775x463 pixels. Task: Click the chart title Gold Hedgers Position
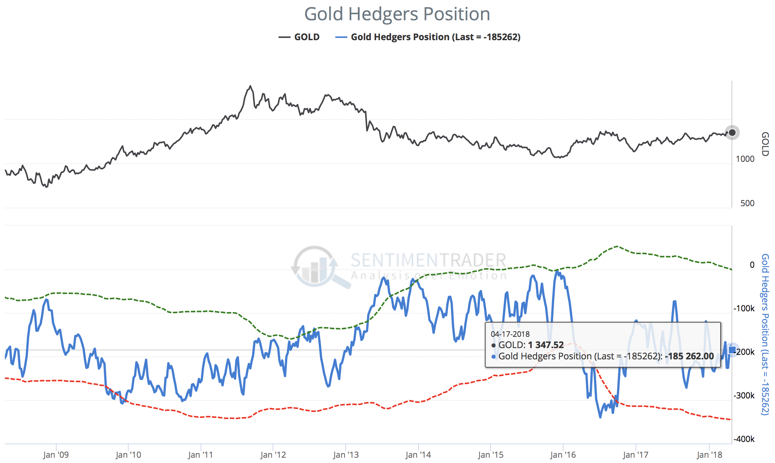(397, 14)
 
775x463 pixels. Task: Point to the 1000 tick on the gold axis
(745, 159)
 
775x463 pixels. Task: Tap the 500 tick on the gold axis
(747, 204)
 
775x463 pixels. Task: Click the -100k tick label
(744, 309)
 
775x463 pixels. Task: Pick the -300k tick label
(744, 396)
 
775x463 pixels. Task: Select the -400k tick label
(744, 439)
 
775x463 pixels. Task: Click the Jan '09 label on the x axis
(56, 455)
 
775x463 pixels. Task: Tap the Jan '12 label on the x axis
(273, 455)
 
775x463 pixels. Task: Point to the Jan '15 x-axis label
(490, 455)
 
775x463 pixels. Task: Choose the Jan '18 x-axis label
(709, 455)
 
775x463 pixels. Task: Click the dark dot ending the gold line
(732, 133)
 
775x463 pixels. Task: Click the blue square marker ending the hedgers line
(732, 350)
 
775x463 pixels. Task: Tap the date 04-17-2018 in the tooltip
(510, 334)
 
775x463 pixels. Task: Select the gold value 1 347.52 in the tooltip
(546, 345)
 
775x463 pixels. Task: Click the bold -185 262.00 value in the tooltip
(689, 356)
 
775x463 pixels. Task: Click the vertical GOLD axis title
(765, 144)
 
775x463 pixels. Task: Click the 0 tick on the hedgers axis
(752, 265)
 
